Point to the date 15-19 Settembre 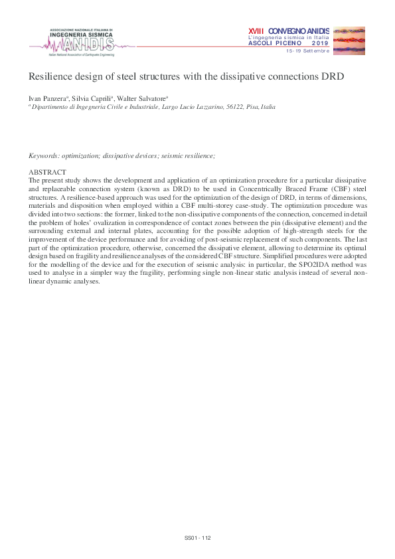pos(307,51)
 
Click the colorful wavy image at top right pos(348,40)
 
